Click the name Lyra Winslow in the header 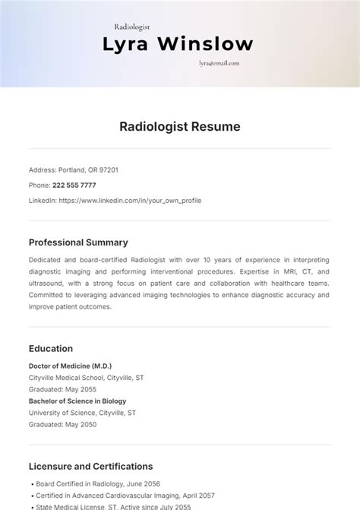tap(178, 45)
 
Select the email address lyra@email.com tap(219, 65)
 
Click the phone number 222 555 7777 tap(74, 185)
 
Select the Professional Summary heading tap(78, 242)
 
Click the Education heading tap(51, 349)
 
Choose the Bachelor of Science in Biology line tap(77, 401)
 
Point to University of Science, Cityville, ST tap(83, 413)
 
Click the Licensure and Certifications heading tap(90, 466)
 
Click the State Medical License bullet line tap(114, 506)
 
